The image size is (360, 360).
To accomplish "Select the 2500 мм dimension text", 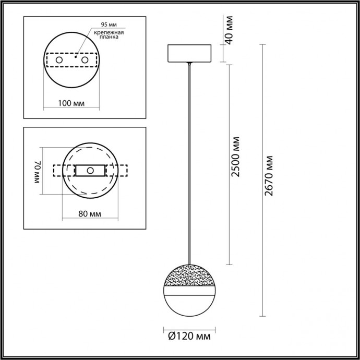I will [236, 157].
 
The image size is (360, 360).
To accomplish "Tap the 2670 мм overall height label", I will [269, 176].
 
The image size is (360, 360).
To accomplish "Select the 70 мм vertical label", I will [37, 171].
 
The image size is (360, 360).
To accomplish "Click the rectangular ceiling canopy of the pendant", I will [189, 54].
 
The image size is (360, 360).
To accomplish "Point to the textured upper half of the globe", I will [189, 274].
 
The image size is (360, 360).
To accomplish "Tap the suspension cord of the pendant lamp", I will [189, 157].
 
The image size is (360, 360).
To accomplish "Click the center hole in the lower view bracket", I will [90, 171].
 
